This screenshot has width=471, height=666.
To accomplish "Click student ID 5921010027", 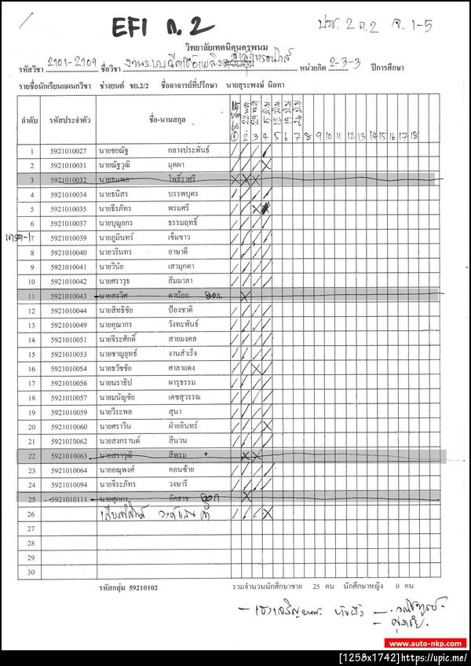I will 68,151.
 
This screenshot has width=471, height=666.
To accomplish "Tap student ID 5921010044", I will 68,311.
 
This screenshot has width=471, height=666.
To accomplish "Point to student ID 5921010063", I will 68,456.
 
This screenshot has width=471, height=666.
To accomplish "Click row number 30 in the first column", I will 31,572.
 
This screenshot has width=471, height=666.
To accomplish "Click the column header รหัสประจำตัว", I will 68,121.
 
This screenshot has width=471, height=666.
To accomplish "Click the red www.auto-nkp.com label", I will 427,643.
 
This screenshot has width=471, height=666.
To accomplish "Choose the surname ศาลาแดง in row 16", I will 185,369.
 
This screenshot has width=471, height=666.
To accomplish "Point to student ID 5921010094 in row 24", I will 68,485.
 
